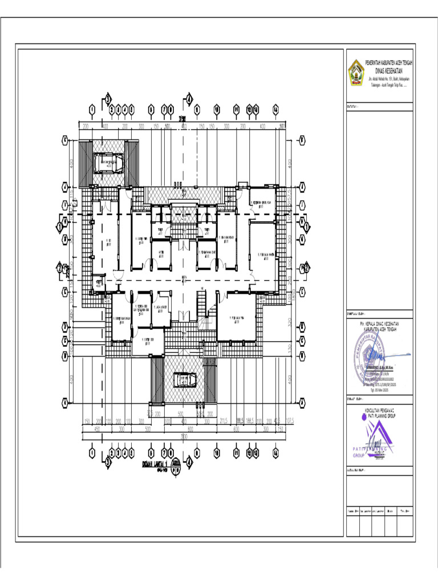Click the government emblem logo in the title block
(x=355, y=73)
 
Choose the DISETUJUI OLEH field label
(x=356, y=314)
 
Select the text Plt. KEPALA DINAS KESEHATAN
(x=379, y=322)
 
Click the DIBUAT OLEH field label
(x=355, y=400)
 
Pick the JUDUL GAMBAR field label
(x=356, y=471)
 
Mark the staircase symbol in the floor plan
(x=203, y=302)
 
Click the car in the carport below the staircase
(x=183, y=379)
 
